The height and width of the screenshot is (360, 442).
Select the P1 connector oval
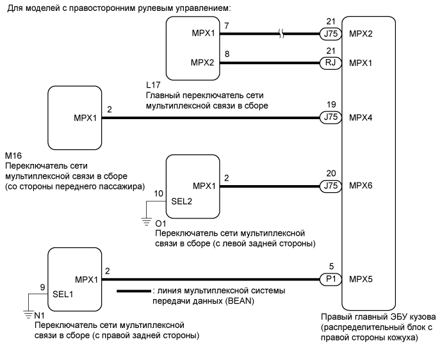329,279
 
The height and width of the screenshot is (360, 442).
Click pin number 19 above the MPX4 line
330,103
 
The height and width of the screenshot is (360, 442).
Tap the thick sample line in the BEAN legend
133,293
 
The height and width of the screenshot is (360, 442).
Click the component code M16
13,156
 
